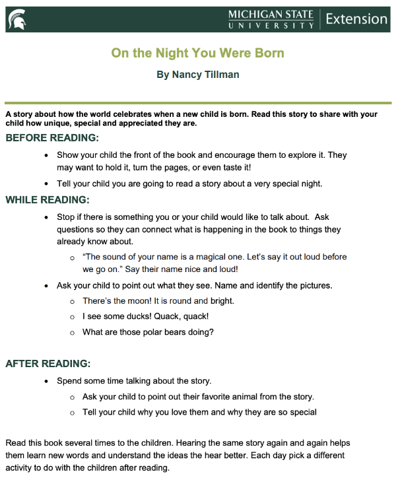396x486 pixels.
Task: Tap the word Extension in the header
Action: point(356,19)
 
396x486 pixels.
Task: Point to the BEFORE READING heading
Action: point(52,138)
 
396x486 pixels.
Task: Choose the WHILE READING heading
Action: point(48,199)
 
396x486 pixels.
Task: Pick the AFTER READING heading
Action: point(48,363)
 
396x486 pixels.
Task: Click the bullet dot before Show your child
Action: point(46,156)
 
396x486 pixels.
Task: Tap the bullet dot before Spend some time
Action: point(46,382)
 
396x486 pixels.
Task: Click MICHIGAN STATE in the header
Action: point(271,15)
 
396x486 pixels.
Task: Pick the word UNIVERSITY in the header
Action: point(271,26)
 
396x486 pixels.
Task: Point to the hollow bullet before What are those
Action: point(72,333)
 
